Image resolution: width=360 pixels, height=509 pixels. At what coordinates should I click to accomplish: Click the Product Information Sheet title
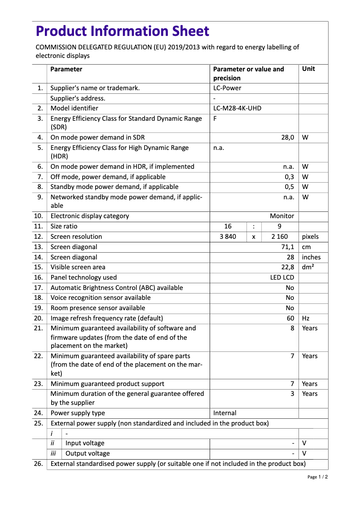point(122,31)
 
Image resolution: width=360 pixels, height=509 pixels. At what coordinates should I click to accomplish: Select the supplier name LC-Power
point(227,88)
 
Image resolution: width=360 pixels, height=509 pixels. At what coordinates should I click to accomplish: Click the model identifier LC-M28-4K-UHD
point(237,108)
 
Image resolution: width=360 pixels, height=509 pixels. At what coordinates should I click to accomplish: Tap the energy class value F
point(215,118)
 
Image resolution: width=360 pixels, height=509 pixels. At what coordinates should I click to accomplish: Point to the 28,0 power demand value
point(287,137)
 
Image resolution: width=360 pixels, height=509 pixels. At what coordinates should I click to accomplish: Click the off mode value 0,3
point(290,177)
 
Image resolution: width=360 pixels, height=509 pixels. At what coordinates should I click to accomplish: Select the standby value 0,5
point(290,187)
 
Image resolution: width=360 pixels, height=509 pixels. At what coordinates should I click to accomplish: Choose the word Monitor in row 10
point(282,216)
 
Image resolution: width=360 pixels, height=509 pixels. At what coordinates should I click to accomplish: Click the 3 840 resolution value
point(228,237)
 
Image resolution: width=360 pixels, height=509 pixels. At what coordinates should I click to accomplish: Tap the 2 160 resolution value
point(280,237)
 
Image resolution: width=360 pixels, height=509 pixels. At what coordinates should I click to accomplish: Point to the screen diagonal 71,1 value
point(287,247)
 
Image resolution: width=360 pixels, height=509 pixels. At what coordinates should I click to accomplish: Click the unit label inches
point(311,257)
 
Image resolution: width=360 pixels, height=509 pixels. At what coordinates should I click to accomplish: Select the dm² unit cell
point(308,267)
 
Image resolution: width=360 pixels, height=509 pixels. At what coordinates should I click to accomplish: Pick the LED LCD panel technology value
point(282,277)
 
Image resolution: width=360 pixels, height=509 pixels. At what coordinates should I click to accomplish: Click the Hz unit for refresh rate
point(306,318)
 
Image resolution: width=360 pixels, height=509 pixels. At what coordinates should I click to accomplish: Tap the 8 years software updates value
point(292,328)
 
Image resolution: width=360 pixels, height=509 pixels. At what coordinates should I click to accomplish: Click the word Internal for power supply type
point(224,413)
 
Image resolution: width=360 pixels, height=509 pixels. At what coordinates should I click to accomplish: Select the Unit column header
point(308,69)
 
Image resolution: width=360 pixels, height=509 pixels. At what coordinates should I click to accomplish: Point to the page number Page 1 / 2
point(317,477)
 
